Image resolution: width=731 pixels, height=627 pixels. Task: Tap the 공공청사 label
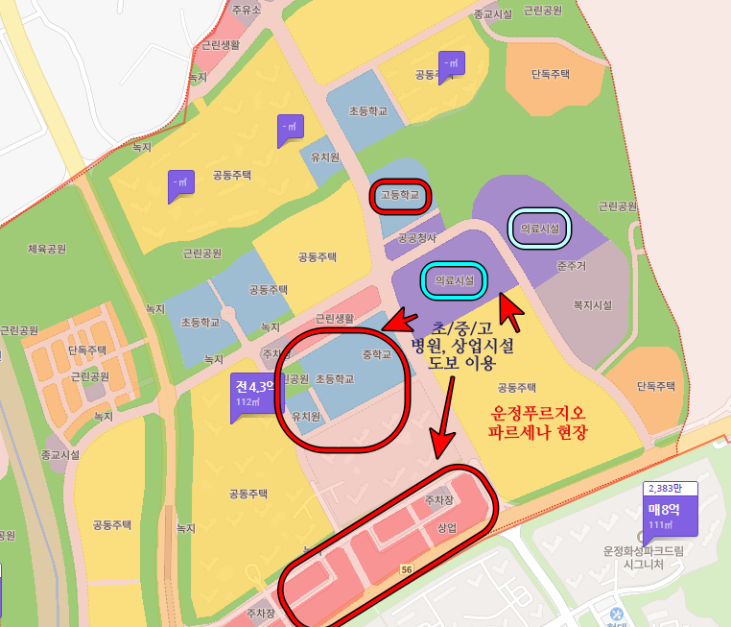417,238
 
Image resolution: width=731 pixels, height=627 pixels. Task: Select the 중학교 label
377,353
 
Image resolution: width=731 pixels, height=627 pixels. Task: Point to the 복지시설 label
592,305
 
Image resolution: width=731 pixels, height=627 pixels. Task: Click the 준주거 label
571,264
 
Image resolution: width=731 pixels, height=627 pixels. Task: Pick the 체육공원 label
46,249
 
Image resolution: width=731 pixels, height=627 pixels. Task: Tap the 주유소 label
247,10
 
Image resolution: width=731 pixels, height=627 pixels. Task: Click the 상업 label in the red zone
447,528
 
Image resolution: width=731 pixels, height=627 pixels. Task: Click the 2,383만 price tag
671,488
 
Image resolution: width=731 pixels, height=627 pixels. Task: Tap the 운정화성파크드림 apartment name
645,551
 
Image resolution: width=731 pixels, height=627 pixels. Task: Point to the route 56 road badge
407,569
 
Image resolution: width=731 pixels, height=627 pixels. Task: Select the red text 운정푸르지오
537,412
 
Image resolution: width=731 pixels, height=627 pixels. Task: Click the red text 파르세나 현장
537,432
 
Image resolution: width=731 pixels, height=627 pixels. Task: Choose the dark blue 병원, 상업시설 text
462,346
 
